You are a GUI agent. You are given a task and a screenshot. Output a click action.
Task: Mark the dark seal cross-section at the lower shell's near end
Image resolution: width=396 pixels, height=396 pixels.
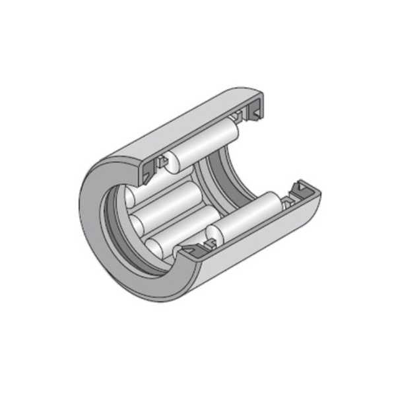click(x=195, y=251)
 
